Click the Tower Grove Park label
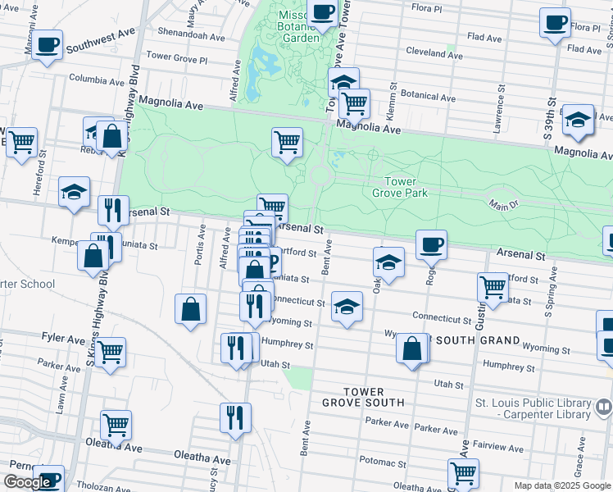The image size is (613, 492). click(x=401, y=187)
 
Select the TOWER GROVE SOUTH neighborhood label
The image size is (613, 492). click(x=362, y=397)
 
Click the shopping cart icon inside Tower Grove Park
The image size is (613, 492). click(x=287, y=142)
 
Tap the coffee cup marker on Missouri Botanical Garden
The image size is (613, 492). click(x=323, y=13)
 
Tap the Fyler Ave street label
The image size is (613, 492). click(x=64, y=338)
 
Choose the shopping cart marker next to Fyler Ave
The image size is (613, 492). click(x=110, y=352)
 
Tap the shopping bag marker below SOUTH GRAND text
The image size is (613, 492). click(x=411, y=348)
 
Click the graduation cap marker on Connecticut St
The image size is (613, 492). click(x=347, y=307)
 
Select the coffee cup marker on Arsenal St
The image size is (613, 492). click(x=431, y=244)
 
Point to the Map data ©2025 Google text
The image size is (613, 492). click(x=561, y=485)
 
